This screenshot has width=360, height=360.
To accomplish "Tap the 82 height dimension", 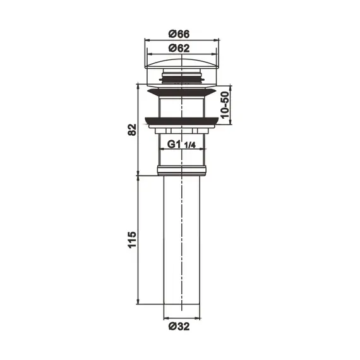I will (x=131, y=129).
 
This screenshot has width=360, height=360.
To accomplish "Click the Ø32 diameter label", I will (x=181, y=327).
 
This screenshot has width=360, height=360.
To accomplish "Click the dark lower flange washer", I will (x=181, y=120).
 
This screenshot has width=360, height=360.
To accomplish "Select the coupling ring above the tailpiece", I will (x=181, y=169).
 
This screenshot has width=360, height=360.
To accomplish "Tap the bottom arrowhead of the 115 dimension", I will (x=138, y=303).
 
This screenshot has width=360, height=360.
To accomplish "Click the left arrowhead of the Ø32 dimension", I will (x=166, y=317).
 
